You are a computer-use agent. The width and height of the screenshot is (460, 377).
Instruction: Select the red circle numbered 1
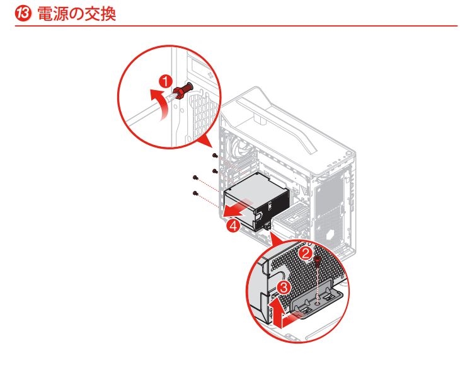pos(166,81)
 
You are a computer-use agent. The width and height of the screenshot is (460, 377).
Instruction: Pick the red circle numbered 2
pos(305,253)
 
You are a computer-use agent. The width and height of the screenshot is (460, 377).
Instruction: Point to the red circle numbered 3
pos(283,288)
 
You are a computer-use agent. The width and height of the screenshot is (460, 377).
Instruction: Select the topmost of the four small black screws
pos(216,154)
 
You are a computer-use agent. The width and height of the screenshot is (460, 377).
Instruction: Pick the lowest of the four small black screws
pos(196,192)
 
